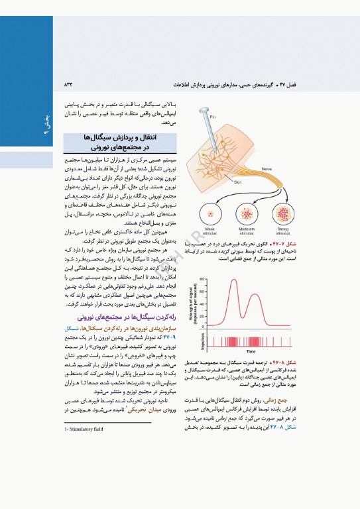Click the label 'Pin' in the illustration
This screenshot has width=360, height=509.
click(x=213, y=98)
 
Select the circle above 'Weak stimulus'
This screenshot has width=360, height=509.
click(x=212, y=213)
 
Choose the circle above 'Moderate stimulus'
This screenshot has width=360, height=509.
click(x=247, y=213)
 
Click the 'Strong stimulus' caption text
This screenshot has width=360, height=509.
click(x=283, y=231)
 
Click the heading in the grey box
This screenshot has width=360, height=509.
click(x=111, y=142)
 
